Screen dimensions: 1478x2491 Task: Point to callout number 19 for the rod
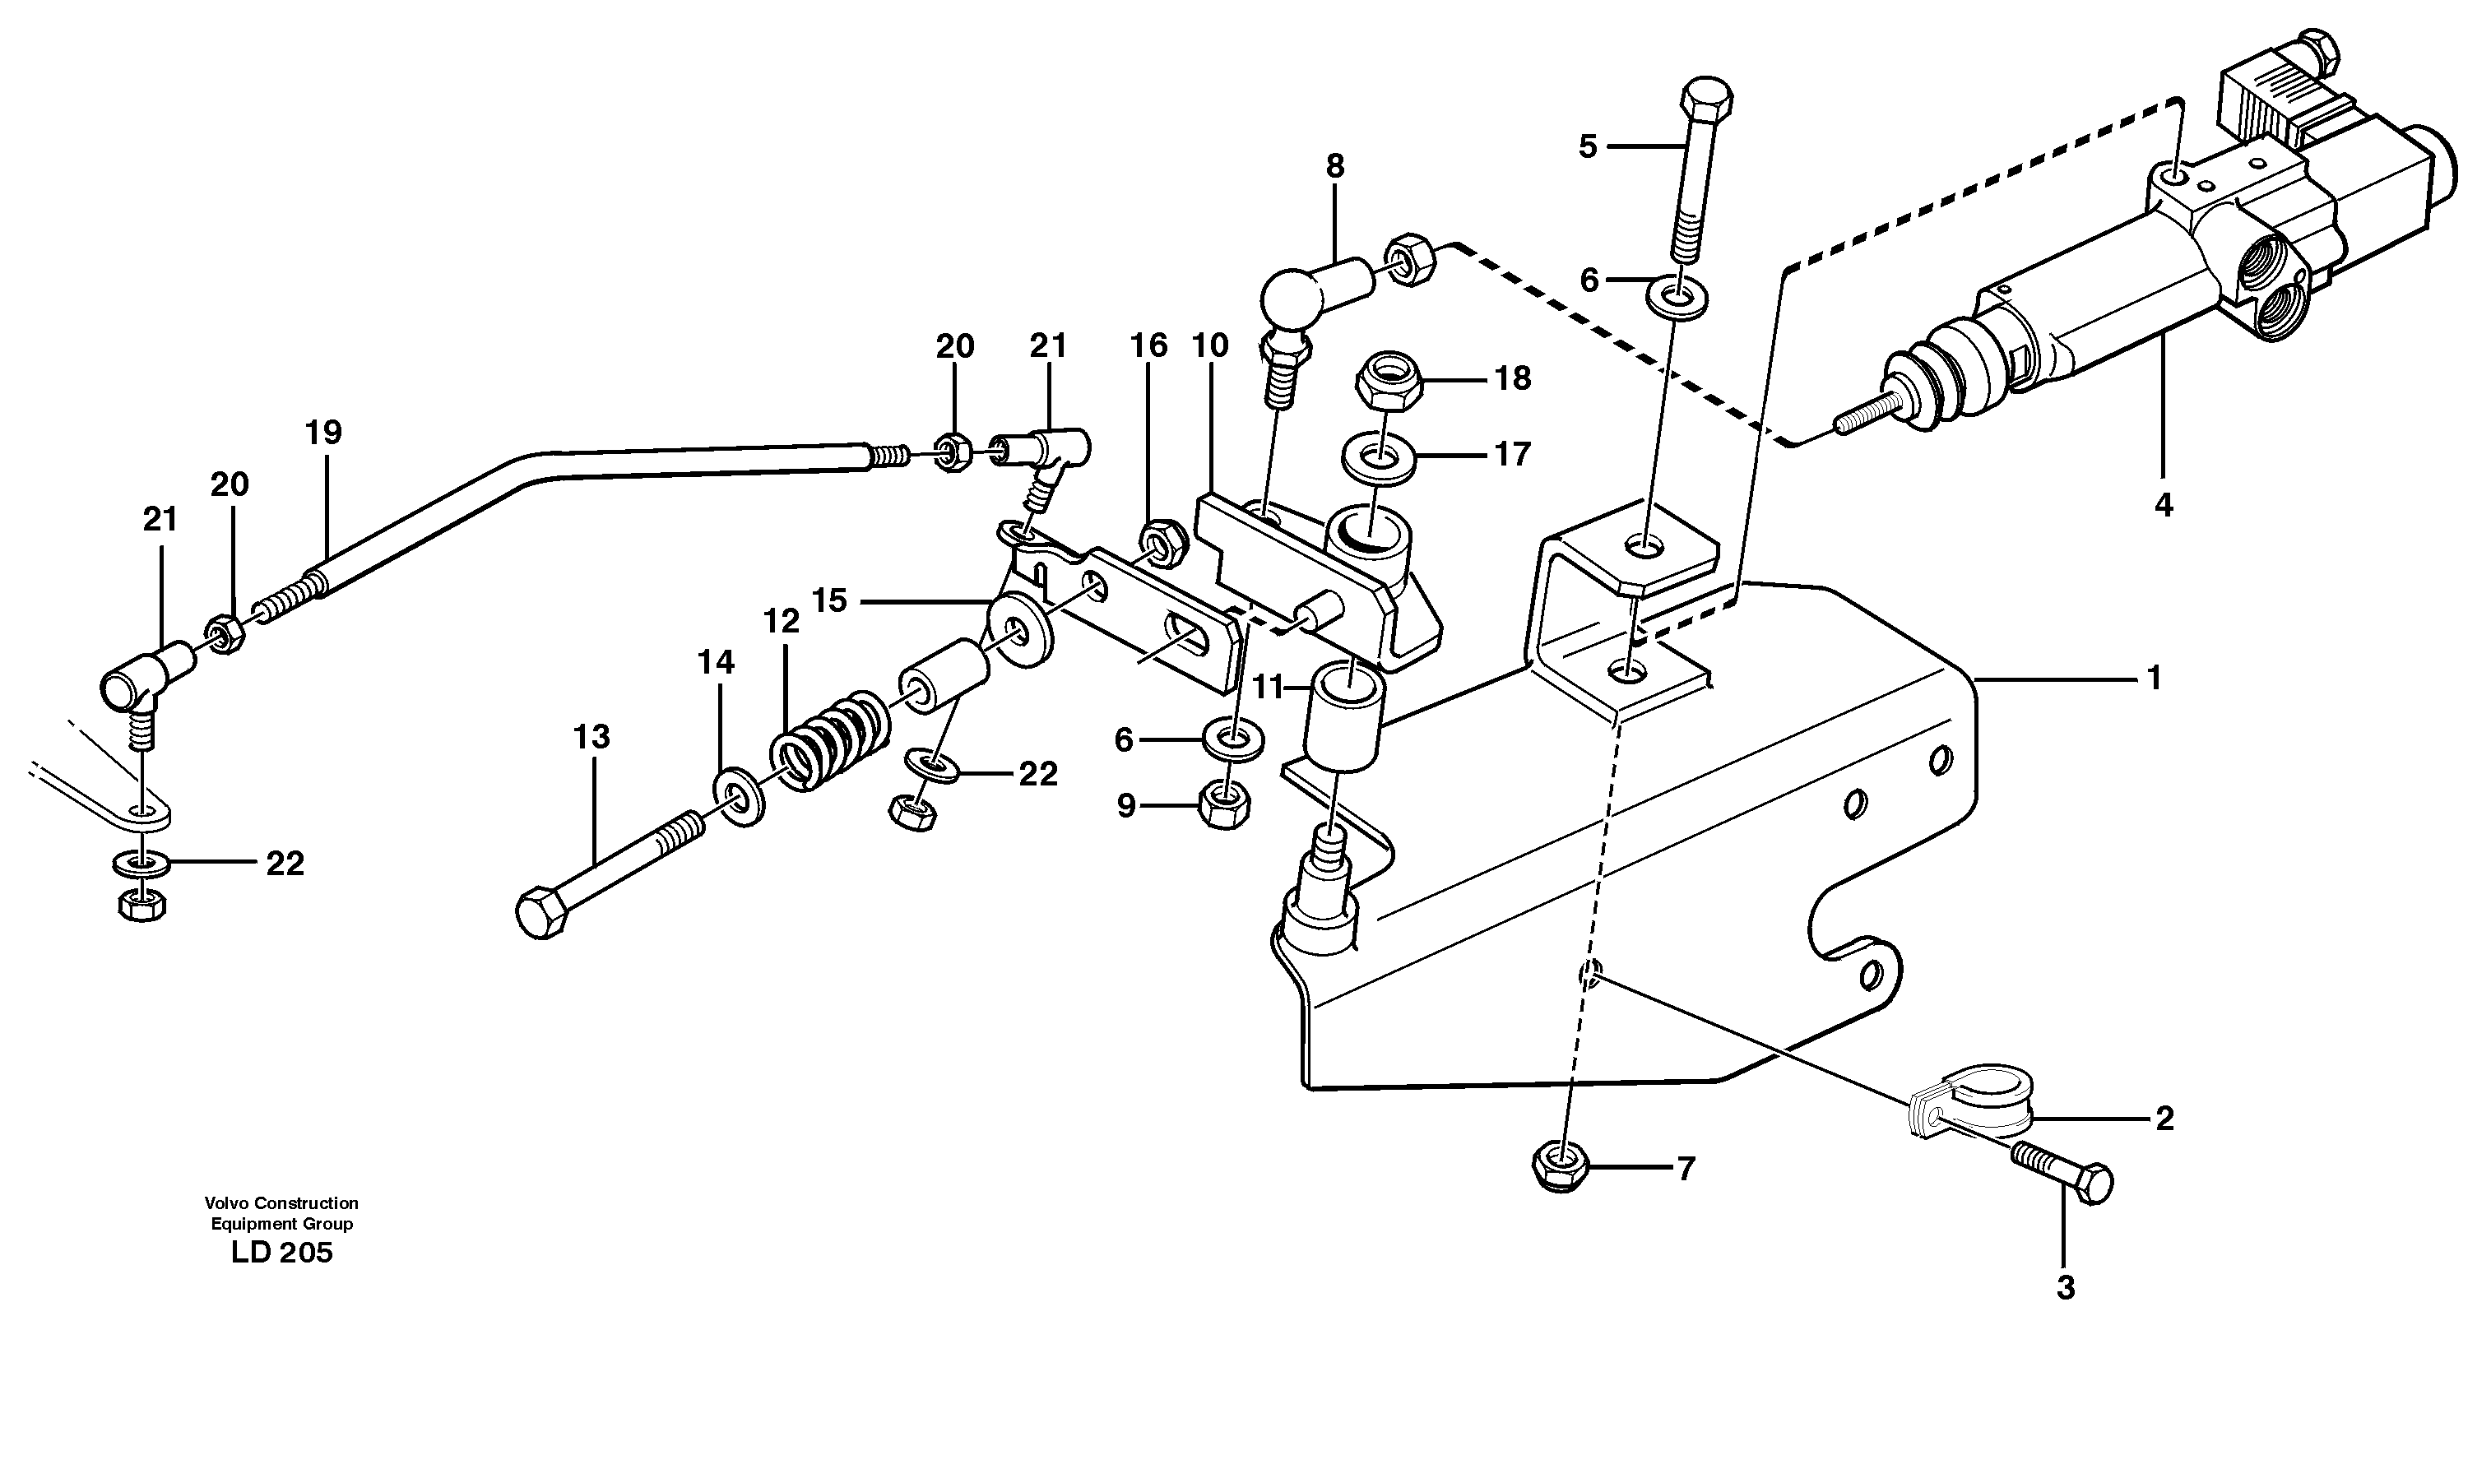point(323,433)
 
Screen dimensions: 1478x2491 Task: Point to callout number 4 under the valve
point(2164,506)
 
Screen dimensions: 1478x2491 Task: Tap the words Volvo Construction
point(281,1203)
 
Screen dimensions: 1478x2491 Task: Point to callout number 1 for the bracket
point(2155,679)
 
